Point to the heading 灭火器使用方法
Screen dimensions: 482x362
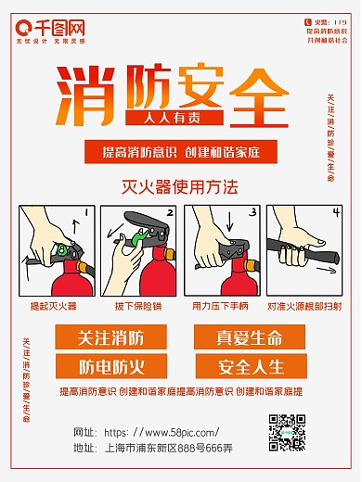pyautogui.click(x=180, y=185)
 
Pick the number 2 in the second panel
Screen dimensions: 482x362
pyautogui.click(x=168, y=212)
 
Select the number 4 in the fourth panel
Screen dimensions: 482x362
pyautogui.click(x=336, y=213)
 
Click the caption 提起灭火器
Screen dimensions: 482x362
pyautogui.click(x=53, y=305)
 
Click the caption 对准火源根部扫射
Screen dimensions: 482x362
pyautogui.click(x=304, y=305)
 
